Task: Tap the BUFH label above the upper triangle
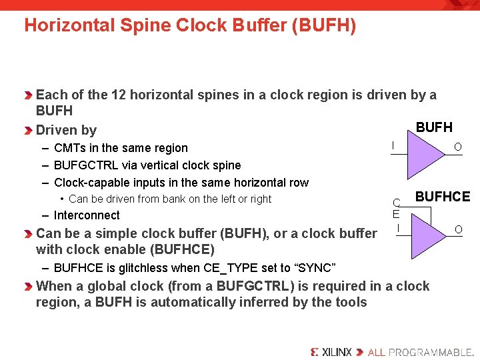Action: tap(434, 127)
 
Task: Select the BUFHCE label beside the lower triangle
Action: tap(443, 197)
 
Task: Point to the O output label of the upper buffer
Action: tap(457, 147)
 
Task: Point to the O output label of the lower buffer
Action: tap(458, 230)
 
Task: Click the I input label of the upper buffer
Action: tap(393, 145)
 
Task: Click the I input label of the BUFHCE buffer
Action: tap(397, 229)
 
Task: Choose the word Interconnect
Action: tap(87, 215)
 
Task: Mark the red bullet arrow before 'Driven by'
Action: tap(29, 130)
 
